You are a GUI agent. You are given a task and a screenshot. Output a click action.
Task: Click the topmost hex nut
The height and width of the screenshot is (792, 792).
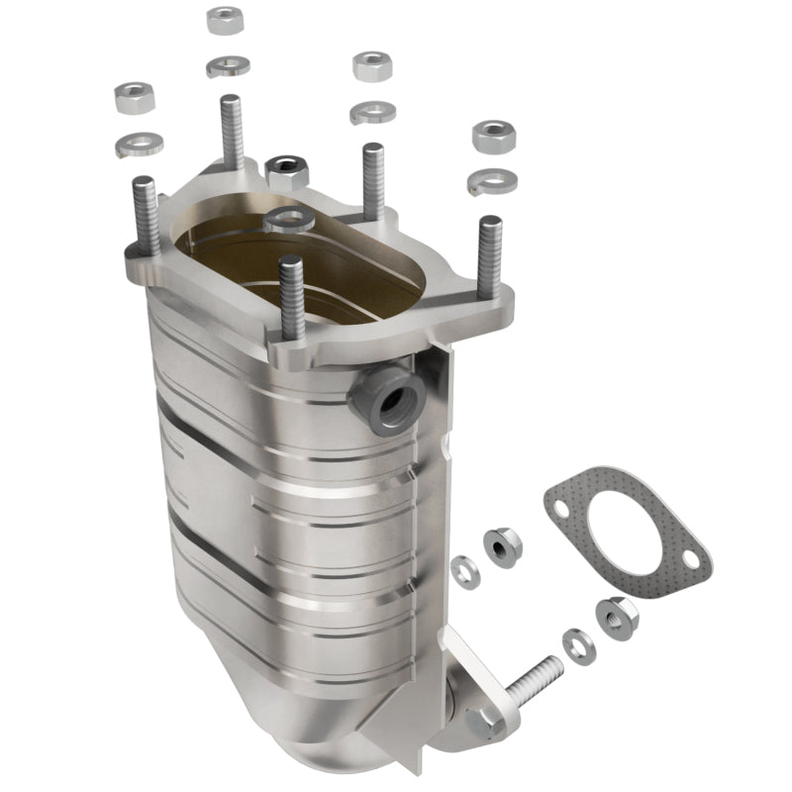[226, 20]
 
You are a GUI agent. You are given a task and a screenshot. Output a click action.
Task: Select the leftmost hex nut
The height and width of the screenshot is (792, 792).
[134, 96]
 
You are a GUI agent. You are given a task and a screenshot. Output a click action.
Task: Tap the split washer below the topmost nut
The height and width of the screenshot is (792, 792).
[228, 66]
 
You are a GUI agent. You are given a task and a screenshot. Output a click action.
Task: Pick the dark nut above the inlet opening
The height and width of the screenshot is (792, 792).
[287, 172]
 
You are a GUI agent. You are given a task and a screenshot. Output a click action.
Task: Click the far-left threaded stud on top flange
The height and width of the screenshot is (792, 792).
[146, 217]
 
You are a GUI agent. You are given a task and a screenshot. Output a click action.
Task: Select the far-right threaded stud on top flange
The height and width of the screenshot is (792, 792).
[489, 254]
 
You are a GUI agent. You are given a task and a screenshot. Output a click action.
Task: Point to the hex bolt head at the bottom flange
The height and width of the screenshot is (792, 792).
[484, 723]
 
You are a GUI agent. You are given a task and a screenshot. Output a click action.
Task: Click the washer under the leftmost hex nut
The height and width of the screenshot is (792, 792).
[138, 145]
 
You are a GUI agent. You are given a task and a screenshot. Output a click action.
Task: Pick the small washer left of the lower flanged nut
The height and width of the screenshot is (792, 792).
[578, 644]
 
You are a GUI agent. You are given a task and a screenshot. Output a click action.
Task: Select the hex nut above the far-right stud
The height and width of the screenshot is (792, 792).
[492, 137]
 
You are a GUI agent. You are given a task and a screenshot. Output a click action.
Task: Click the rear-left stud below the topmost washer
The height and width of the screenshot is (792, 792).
[231, 134]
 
